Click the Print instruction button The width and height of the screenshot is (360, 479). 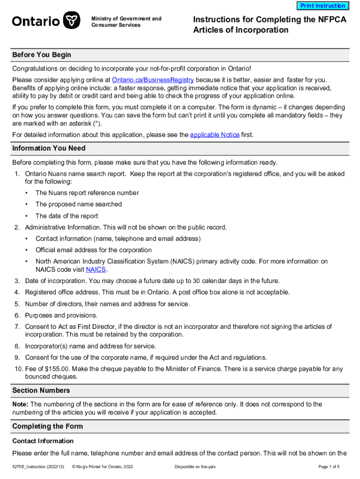tap(323, 6)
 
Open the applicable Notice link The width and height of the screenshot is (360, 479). tap(215, 135)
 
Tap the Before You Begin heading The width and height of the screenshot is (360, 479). tap(42, 55)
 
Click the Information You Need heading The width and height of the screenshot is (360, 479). tap(49, 149)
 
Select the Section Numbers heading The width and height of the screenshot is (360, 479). tap(41, 391)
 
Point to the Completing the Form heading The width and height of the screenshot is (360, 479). tap(47, 427)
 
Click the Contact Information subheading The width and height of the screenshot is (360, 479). tap(43, 441)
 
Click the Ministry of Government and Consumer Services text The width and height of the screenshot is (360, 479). tap(126, 22)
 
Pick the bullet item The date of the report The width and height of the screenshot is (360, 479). tap(66, 216)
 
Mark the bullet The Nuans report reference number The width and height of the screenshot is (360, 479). tap(87, 193)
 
